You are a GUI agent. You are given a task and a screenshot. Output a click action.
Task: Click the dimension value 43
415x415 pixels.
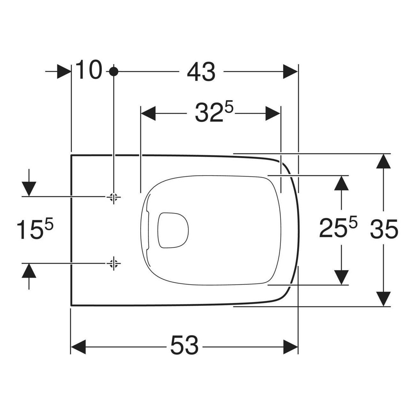201,72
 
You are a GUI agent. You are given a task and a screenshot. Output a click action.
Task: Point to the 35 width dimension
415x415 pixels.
384,229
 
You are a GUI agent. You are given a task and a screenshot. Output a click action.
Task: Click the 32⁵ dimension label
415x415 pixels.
214,112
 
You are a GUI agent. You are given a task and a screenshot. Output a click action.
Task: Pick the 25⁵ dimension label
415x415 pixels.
338,228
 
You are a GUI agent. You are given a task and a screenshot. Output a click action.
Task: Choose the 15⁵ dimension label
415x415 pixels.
35,229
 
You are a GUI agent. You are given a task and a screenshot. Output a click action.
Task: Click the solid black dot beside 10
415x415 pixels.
114,72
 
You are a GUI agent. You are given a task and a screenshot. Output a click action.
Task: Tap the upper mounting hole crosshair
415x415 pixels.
114,197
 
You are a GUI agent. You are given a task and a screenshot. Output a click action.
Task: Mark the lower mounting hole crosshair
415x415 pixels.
114,263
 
